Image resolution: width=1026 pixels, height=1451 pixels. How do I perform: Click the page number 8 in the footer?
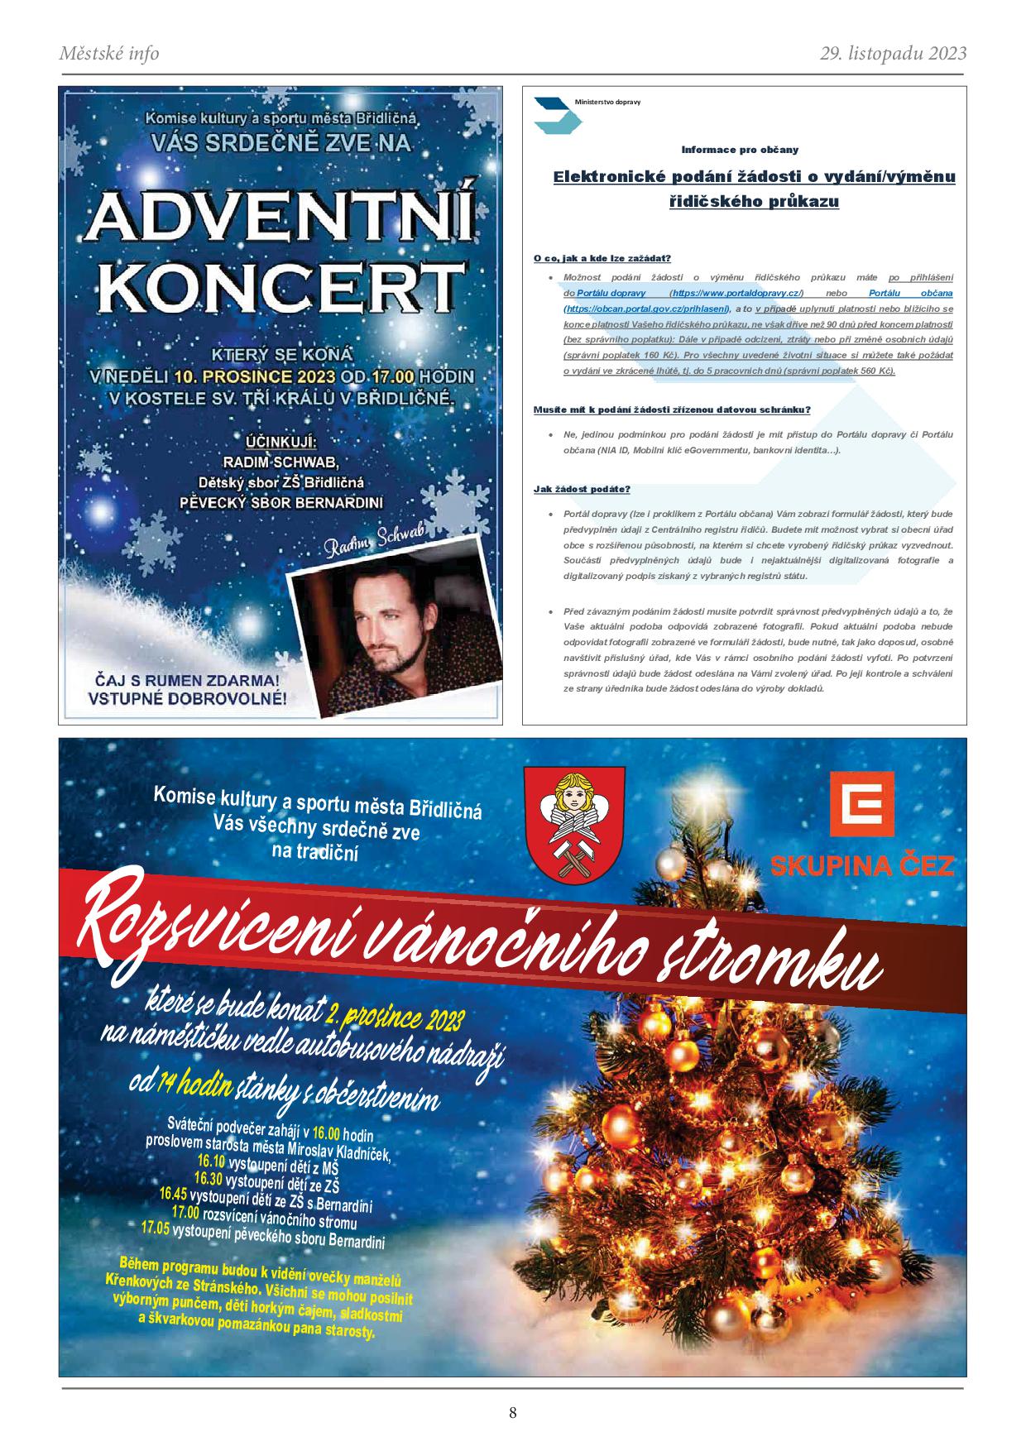(513, 1413)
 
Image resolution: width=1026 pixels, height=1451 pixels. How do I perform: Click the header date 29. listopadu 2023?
(893, 54)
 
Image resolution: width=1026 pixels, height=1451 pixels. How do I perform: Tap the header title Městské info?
(109, 54)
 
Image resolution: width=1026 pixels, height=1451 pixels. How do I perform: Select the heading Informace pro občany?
(740, 150)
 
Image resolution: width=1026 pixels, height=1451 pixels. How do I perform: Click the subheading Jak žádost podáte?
(582, 489)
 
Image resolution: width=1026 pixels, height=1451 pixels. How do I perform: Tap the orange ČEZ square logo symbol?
(862, 810)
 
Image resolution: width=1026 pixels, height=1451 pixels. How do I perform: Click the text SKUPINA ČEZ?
(862, 866)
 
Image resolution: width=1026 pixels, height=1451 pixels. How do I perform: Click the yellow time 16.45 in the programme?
(174, 1195)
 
